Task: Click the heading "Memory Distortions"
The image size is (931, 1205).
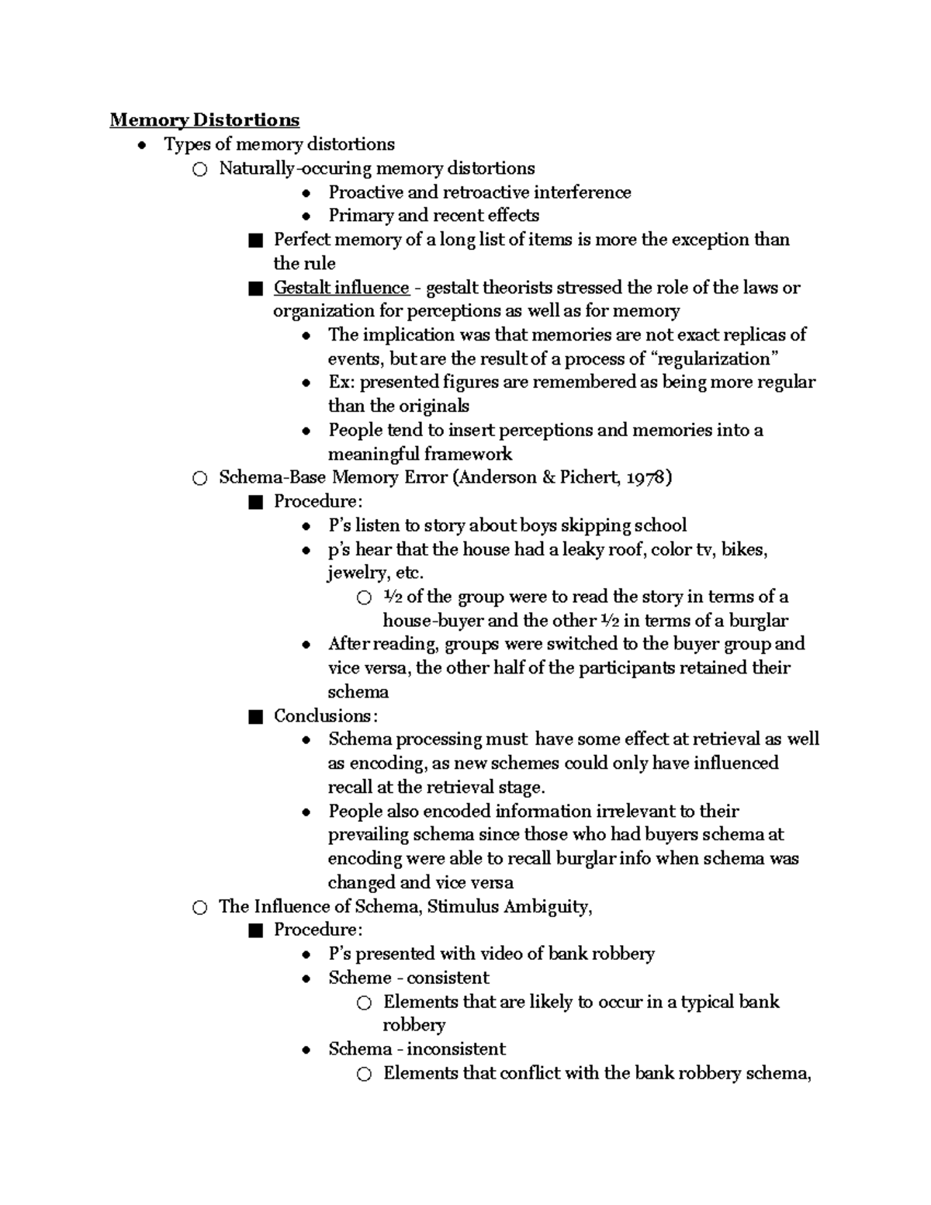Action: point(204,120)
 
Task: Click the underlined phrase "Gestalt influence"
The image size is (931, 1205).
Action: point(341,288)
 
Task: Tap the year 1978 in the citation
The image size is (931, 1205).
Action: point(645,478)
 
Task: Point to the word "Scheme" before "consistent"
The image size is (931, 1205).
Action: point(360,978)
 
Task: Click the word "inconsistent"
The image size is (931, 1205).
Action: point(455,1050)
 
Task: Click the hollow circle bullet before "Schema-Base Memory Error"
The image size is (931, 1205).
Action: point(199,479)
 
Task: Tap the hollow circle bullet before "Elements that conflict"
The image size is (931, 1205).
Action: point(364,1075)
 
